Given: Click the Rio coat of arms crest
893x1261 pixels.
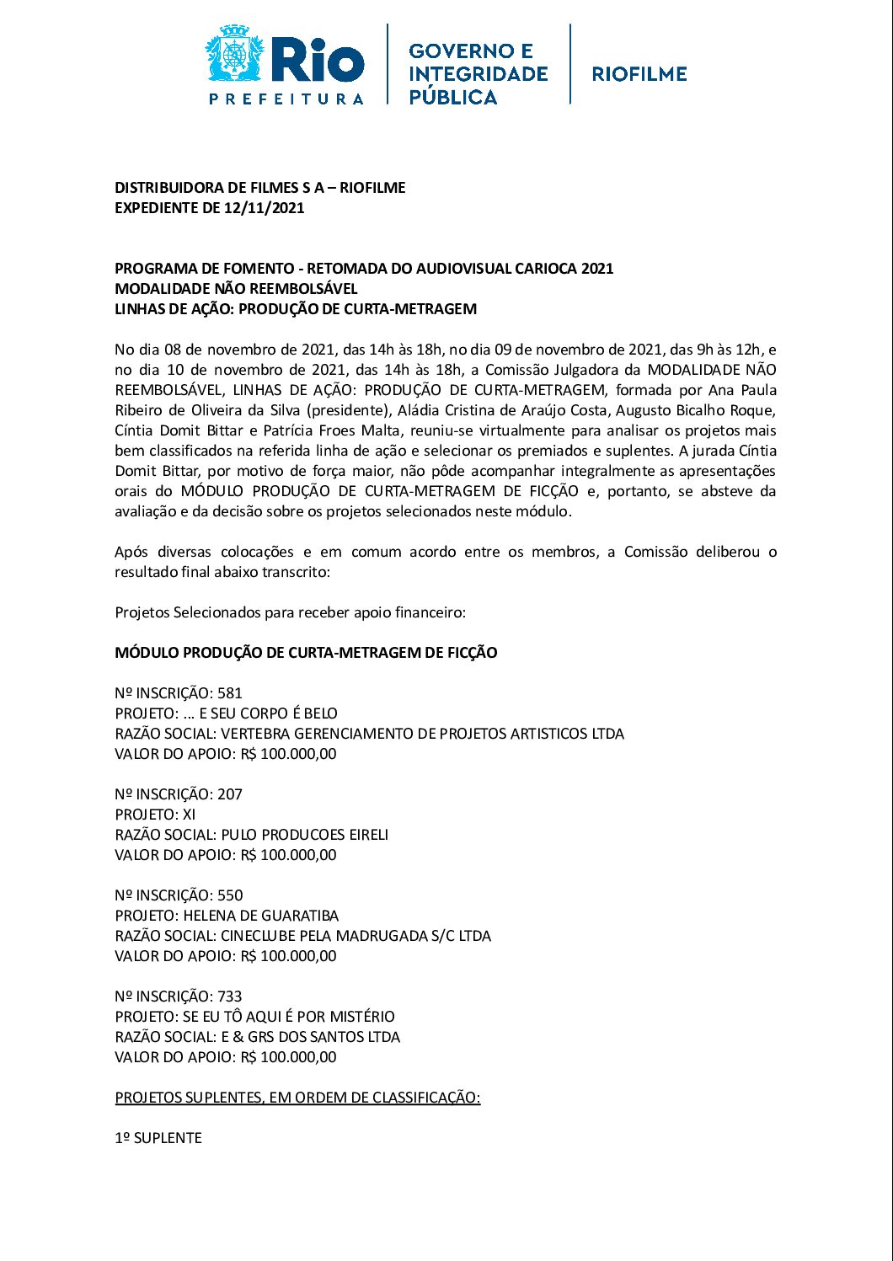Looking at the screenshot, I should pos(235,55).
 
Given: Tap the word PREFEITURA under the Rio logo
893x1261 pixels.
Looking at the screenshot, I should pos(286,99).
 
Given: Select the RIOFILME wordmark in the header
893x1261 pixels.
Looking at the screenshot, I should pos(639,74).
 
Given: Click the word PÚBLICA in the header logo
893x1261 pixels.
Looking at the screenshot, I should pos(452,97).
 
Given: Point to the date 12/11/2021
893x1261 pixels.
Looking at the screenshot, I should pos(264,208).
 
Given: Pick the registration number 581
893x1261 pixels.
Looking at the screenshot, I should pos(230,693).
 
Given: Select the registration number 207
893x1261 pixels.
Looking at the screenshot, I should pos(230,794).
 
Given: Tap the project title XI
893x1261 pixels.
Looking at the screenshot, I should pos(190,815).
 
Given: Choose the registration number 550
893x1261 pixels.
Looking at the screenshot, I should pos(230,895).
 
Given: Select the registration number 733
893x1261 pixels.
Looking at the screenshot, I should pos(230,997).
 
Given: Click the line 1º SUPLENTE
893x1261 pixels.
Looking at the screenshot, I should pos(158,1138).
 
